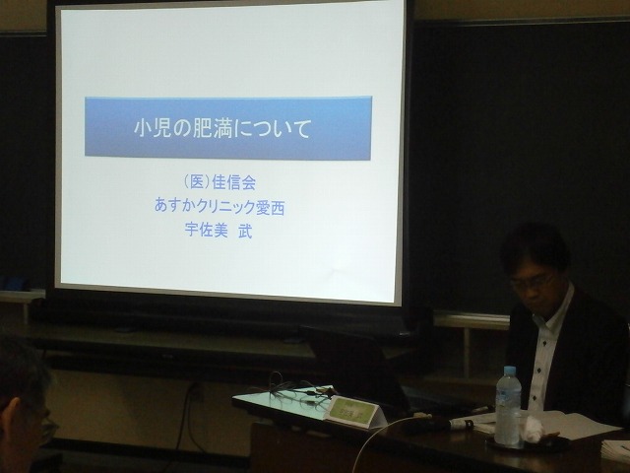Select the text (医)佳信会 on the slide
click(x=219, y=182)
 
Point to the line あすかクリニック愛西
click(x=220, y=207)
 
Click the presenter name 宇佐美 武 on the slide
click(x=219, y=231)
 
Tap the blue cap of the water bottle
click(x=510, y=371)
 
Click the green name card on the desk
click(x=353, y=411)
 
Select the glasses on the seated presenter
click(x=530, y=283)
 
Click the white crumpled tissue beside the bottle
click(x=533, y=427)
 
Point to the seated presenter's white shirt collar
click(x=556, y=306)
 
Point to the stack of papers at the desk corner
click(x=615, y=450)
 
